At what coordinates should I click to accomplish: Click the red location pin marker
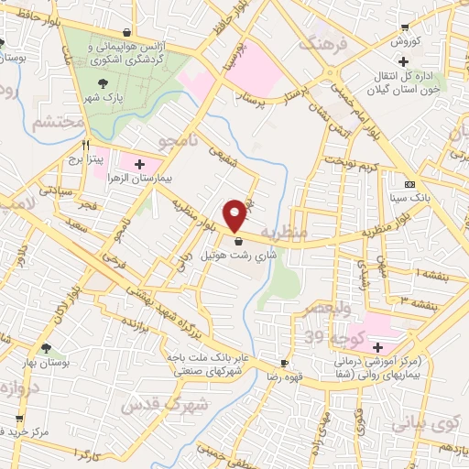tap(235, 215)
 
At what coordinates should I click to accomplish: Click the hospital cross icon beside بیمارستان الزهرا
tap(139, 165)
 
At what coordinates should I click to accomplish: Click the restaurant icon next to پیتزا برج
tap(85, 145)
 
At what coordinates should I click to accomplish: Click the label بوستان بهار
tap(47, 364)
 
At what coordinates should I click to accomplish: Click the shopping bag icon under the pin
tap(239, 242)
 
